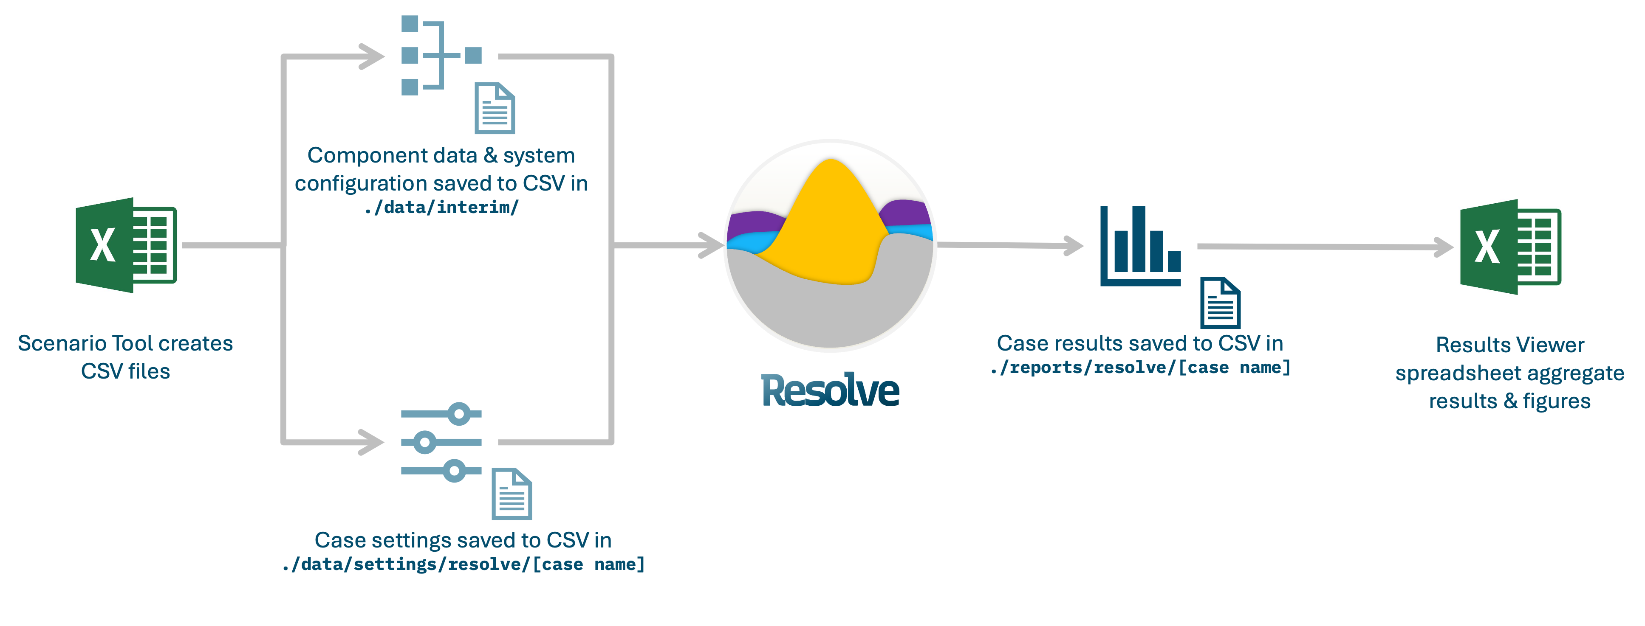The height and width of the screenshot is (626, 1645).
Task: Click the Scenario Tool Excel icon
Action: (126, 245)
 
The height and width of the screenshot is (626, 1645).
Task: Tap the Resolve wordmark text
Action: (830, 390)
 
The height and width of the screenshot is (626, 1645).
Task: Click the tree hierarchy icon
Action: (440, 56)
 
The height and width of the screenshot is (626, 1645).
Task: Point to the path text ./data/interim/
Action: (441, 208)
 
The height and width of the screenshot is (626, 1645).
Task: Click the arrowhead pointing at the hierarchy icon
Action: (373, 56)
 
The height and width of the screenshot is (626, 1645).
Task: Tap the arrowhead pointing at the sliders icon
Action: (373, 441)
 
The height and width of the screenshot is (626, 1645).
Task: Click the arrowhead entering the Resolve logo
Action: (712, 245)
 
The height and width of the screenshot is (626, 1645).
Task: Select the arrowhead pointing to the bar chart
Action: (1074, 245)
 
